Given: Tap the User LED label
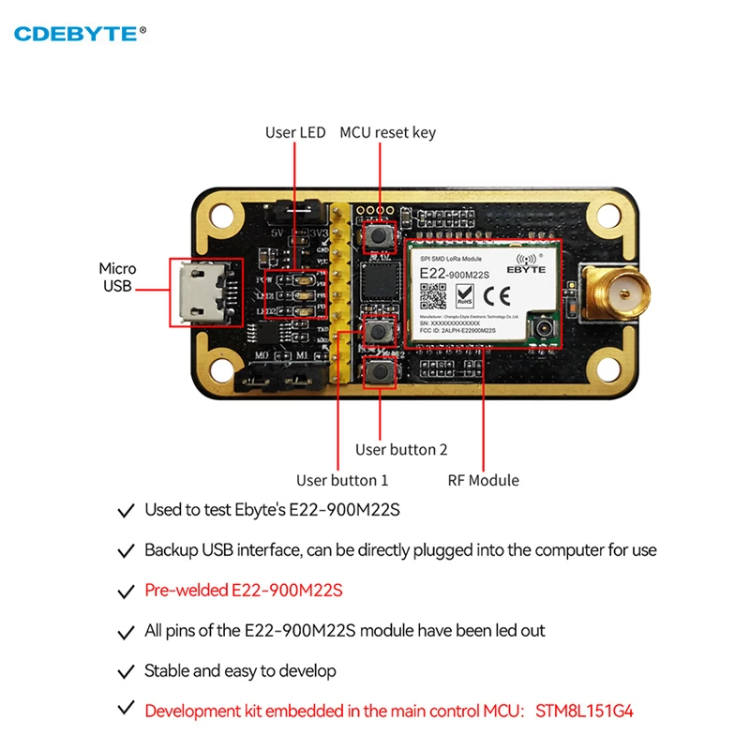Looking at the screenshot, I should click(x=295, y=133).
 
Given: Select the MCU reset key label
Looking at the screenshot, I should click(x=387, y=133).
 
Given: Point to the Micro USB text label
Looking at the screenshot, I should click(x=118, y=277).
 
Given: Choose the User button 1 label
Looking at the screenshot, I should click(x=342, y=481).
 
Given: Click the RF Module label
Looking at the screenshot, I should click(x=484, y=481).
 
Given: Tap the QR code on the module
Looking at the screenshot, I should click(x=431, y=295).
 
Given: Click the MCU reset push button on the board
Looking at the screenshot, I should click(x=380, y=232).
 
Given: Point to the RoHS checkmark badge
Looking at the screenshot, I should click(x=464, y=296).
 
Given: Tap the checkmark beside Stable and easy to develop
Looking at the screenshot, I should click(x=125, y=671).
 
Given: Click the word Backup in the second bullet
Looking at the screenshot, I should click(x=170, y=550).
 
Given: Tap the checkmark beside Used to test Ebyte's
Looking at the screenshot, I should click(x=125, y=511).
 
